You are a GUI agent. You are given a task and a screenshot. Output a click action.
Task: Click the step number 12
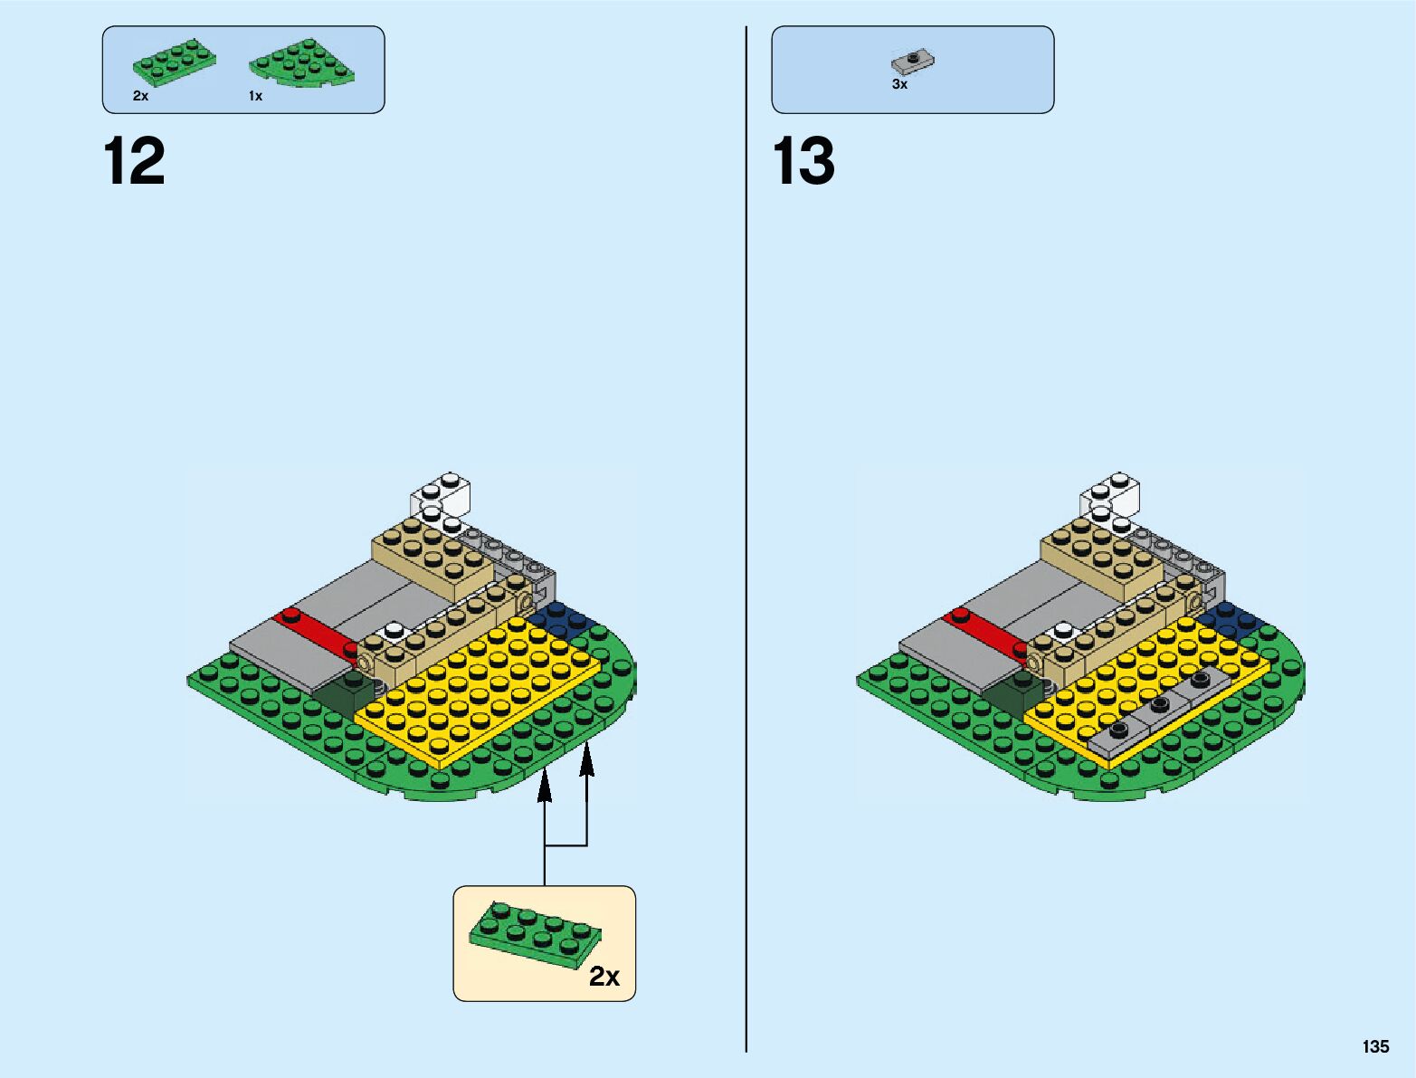tap(134, 161)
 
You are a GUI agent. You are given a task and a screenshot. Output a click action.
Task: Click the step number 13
tap(803, 161)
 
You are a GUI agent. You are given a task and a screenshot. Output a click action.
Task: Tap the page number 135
tap(1375, 1046)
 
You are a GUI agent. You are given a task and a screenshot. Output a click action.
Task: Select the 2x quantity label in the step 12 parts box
tap(140, 96)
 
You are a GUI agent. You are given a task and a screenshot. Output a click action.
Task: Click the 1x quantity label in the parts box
tap(255, 96)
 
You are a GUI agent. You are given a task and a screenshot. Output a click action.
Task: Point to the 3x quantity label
tap(899, 84)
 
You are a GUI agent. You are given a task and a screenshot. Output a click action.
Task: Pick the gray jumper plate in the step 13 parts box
tap(912, 62)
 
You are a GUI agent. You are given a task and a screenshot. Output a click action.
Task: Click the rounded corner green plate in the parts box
tap(302, 63)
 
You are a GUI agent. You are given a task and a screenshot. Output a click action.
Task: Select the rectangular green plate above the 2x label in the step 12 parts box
tap(174, 62)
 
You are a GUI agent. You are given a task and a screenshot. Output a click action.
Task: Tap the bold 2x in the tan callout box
tap(604, 977)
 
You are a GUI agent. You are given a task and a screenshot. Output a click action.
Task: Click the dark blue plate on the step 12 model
tap(563, 618)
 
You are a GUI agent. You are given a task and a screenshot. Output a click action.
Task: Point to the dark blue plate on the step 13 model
tap(1231, 618)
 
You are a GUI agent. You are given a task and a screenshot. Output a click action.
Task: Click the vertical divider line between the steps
tap(746, 543)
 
